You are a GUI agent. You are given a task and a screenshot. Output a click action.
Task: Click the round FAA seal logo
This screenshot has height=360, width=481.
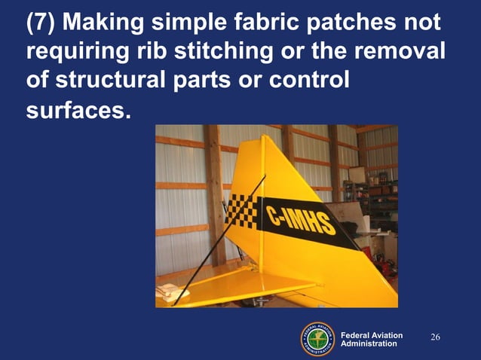click(x=317, y=338)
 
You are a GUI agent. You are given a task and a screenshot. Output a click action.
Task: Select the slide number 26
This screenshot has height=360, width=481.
click(x=435, y=336)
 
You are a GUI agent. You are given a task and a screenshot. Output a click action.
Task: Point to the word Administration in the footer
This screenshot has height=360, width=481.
click(x=369, y=344)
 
